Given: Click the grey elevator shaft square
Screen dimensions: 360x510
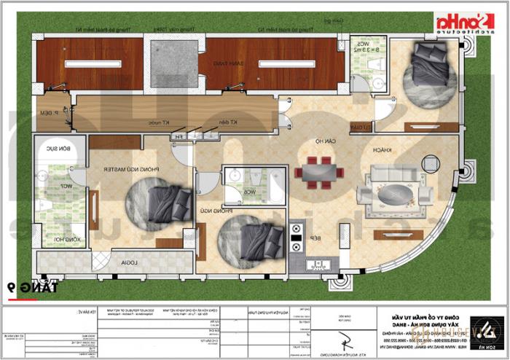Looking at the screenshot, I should [176, 64].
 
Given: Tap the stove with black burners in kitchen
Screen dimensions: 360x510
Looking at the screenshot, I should [297, 235].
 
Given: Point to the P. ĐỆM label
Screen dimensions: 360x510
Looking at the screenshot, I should [49, 113].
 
